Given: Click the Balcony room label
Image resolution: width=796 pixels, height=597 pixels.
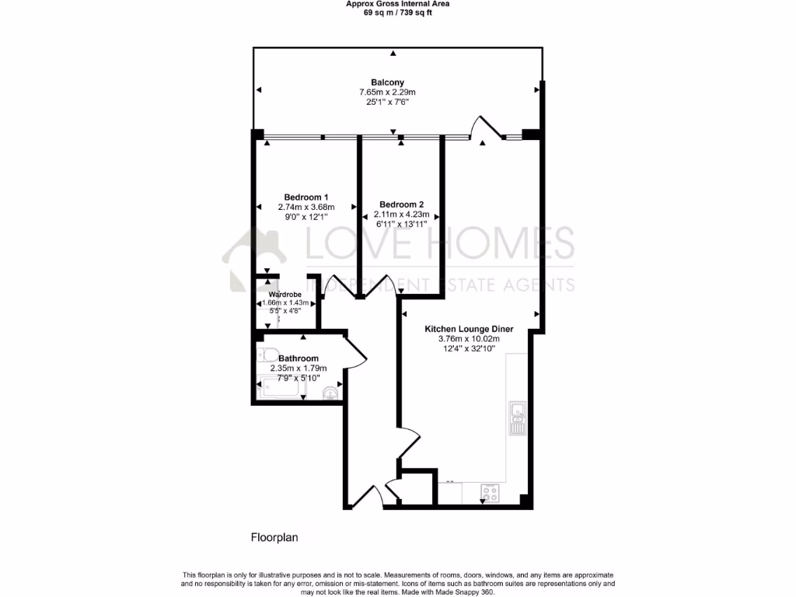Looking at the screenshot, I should tap(387, 82).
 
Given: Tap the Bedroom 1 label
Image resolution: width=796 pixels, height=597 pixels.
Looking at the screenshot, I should tap(305, 197).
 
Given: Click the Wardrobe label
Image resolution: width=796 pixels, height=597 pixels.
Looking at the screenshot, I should tap(285, 295).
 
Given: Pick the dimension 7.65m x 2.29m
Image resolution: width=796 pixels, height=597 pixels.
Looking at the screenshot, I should tap(387, 93).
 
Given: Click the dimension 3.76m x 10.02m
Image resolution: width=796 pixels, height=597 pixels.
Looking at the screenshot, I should tap(468, 339).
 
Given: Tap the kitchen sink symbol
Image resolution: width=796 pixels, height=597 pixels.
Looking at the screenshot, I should tap(518, 418).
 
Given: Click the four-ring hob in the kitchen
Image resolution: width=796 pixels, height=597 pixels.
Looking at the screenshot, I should tap(491, 491).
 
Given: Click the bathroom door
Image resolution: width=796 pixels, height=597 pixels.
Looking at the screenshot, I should tap(355, 350).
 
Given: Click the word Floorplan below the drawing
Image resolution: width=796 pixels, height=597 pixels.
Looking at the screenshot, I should tap(274, 537).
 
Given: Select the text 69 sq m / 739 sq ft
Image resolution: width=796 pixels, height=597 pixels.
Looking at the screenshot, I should tap(397, 12).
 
